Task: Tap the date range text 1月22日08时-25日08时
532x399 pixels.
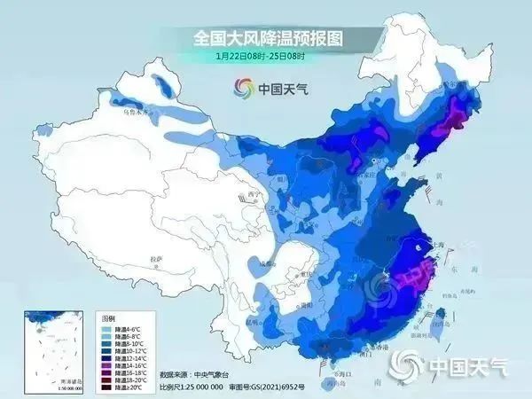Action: (260, 56)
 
